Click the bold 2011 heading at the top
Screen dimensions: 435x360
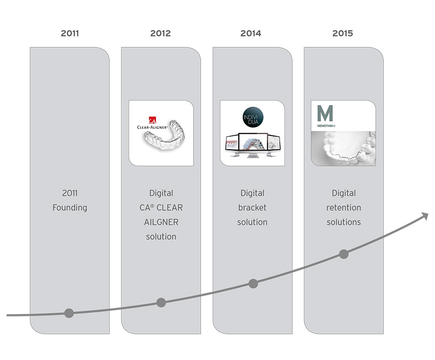(70, 34)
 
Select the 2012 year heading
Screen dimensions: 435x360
(161, 34)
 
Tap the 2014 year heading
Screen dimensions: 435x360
(251, 34)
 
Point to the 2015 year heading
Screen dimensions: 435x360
(343, 34)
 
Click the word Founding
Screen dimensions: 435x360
(70, 208)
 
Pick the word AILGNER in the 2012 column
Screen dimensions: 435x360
(161, 222)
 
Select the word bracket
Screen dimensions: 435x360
(252, 207)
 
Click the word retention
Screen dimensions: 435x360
(344, 208)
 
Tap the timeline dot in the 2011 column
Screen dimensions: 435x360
(69, 313)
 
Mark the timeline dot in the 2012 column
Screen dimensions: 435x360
(161, 303)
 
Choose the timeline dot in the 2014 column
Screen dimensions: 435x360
(253, 284)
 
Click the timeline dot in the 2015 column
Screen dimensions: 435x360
(344, 254)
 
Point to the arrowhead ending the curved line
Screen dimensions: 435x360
(425, 215)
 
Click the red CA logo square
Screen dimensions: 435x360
(152, 120)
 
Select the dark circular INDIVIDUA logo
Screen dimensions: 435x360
(253, 117)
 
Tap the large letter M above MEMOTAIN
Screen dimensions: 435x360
(325, 113)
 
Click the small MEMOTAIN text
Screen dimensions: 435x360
(326, 126)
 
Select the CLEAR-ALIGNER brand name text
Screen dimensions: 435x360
(152, 128)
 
